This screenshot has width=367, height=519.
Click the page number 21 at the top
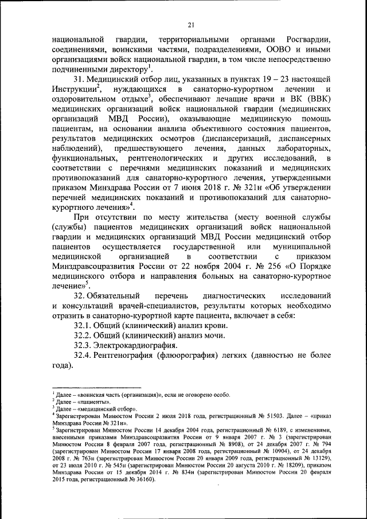(x=191, y=24)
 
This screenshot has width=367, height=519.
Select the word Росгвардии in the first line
(x=303, y=40)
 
